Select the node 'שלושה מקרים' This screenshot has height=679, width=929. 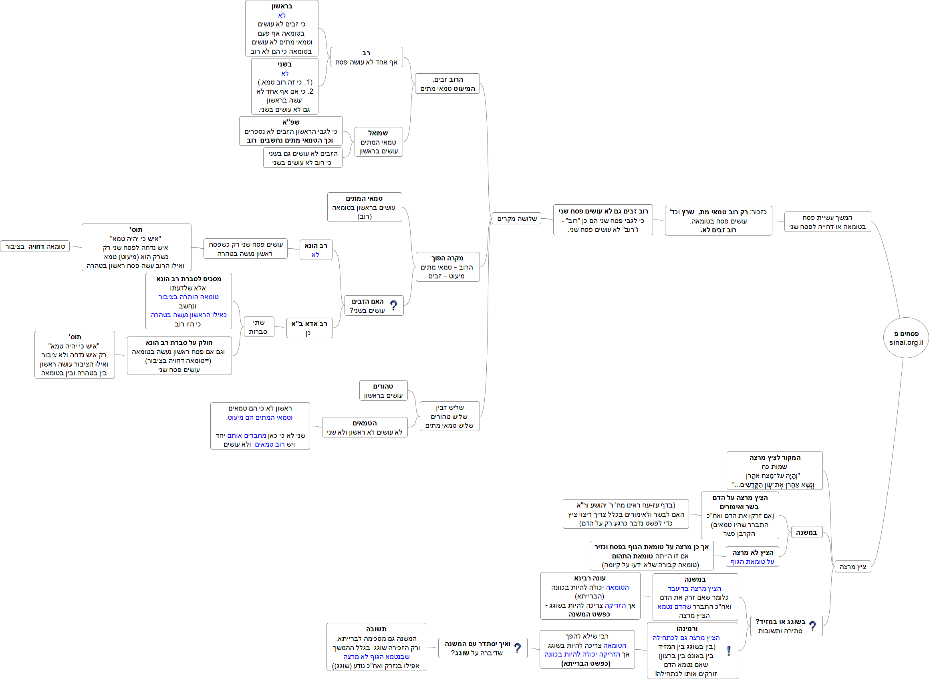click(516, 219)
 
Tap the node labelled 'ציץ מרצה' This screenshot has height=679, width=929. click(852, 567)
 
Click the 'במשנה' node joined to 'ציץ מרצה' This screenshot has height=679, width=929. click(806, 532)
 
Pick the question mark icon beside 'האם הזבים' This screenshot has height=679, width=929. click(393, 305)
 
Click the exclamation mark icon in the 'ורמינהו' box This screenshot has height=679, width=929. click(728, 651)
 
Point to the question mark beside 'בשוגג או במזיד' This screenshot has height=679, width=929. click(812, 626)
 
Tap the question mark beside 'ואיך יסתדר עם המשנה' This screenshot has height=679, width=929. click(517, 648)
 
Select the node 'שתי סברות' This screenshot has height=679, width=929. click(258, 327)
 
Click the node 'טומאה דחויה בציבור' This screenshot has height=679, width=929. click(35, 246)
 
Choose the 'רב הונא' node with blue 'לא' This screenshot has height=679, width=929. click(315, 250)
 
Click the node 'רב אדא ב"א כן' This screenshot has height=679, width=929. click(309, 328)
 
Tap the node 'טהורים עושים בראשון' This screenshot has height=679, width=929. click(383, 391)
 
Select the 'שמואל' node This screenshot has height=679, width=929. click(378, 142)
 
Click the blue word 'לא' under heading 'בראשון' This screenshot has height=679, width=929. click(282, 15)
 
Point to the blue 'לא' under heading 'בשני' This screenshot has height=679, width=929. click(284, 73)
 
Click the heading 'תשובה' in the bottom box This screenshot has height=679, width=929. click(376, 629)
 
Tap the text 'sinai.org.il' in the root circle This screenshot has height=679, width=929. click(906, 343)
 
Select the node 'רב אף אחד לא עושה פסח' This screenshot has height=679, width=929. click(366, 57)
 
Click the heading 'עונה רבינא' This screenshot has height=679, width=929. click(590, 578)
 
